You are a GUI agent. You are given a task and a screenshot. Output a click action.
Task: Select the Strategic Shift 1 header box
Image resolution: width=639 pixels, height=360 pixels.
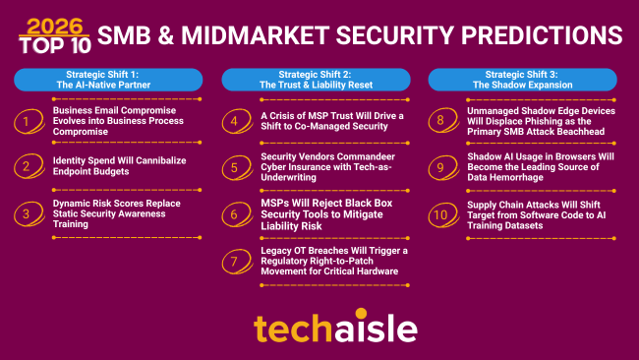point(108,79)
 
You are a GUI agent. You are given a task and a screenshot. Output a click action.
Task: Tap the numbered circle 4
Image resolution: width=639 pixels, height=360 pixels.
point(233,123)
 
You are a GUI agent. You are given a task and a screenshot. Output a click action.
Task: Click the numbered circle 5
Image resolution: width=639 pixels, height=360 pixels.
point(233,168)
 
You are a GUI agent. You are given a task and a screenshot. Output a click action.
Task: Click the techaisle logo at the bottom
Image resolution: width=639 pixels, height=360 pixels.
point(320,327)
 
